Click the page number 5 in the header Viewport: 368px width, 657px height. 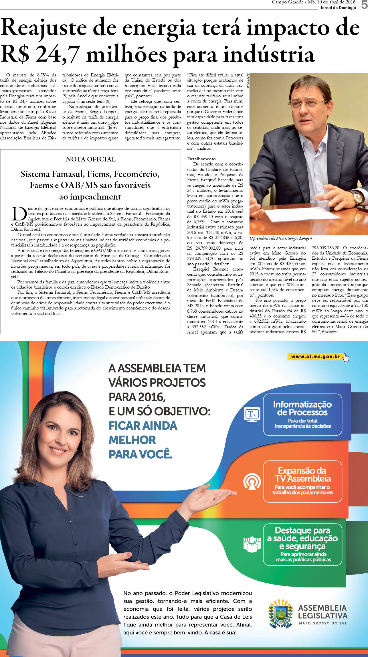(364, 5)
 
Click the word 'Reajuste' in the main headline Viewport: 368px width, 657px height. (45, 28)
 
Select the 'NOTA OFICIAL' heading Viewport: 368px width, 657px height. (90, 159)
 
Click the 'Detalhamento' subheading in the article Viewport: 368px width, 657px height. (201, 159)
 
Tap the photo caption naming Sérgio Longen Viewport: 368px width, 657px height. (280, 238)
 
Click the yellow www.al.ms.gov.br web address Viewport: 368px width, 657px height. (315, 356)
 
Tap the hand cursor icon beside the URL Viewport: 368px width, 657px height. (346, 358)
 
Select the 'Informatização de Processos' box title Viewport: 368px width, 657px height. (302, 408)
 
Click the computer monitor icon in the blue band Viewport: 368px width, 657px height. (252, 415)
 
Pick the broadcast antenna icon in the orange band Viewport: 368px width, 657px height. (252, 481)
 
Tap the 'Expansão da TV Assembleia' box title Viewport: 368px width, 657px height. (302, 475)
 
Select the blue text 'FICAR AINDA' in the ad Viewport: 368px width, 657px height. (143, 426)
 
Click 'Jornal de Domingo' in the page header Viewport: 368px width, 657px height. (338, 8)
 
